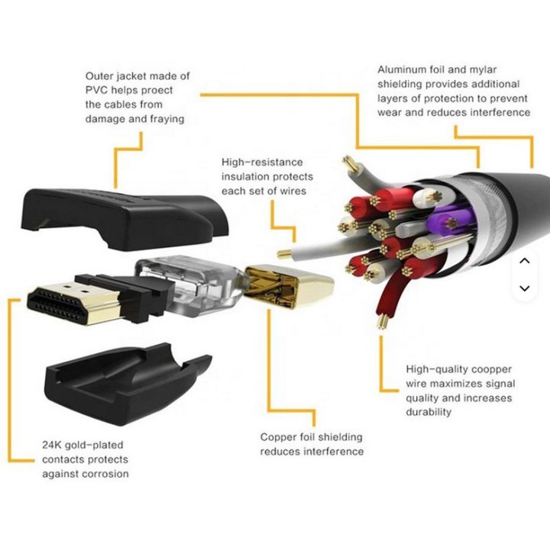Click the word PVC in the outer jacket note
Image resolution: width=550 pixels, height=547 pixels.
point(97,90)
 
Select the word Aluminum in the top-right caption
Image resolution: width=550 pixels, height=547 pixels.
point(402,69)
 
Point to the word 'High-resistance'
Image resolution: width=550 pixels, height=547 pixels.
point(262,162)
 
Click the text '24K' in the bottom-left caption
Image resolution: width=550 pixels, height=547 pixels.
point(50,445)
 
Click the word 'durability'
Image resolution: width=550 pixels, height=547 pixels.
point(429,412)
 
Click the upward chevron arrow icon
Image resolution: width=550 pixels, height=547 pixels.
point(524,261)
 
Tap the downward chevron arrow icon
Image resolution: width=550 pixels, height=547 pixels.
point(524,288)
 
